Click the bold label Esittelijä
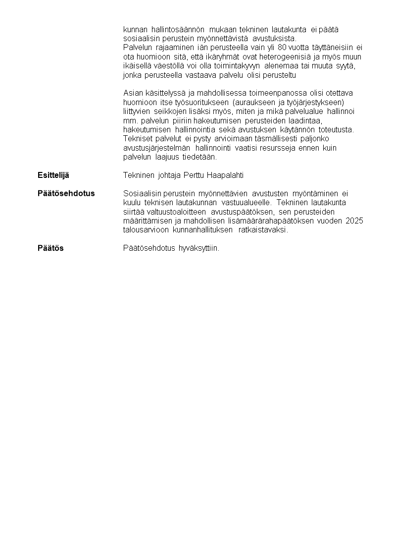coord(53,175)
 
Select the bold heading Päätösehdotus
coord(66,193)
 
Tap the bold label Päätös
coord(50,248)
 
